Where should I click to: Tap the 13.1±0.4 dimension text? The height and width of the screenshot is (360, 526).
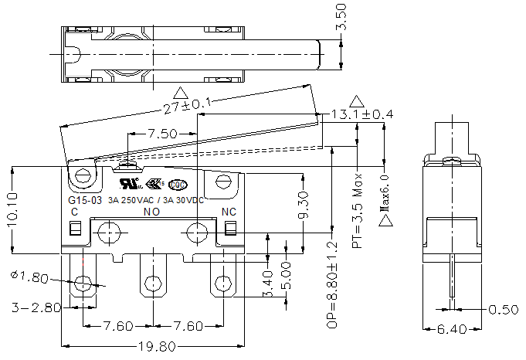[362, 114]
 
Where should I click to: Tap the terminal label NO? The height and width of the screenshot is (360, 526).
[151, 212]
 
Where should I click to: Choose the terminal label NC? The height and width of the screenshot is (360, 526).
[229, 212]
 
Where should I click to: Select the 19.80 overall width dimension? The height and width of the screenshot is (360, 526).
[154, 347]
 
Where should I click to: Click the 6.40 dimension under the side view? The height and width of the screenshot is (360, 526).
[452, 330]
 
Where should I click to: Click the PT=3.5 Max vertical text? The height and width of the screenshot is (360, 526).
[357, 214]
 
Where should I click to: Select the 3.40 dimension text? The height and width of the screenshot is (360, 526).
[266, 284]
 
